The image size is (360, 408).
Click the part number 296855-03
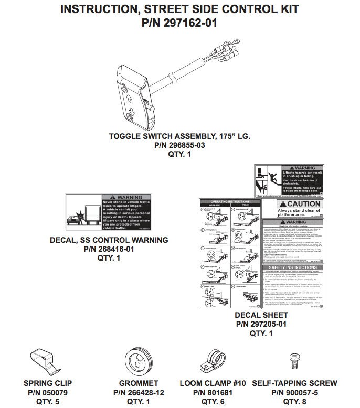(x=179, y=145)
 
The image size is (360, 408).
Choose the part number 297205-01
(x=261, y=324)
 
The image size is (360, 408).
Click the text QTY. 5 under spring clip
(x=48, y=402)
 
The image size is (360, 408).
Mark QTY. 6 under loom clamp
(x=213, y=402)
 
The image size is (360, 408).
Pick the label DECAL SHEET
(x=261, y=315)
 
